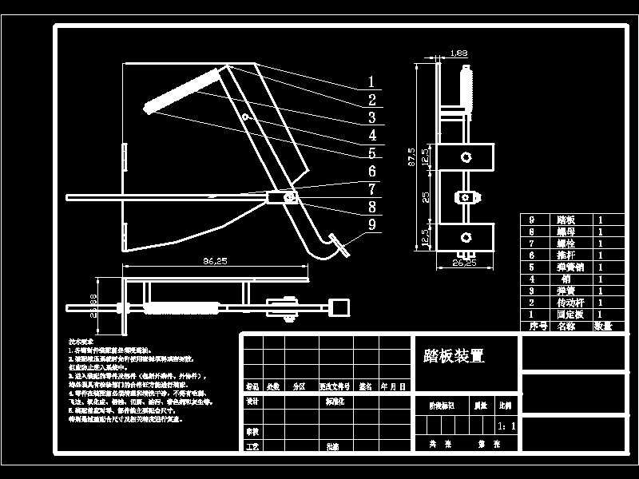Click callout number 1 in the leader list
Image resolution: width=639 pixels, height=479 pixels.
click(371, 81)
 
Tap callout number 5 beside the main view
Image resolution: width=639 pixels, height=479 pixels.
click(371, 153)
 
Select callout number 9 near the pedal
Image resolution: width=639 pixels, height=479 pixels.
click(372, 225)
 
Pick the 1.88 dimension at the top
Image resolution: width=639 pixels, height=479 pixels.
click(458, 53)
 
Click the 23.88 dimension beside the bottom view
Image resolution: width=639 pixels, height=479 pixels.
click(93, 304)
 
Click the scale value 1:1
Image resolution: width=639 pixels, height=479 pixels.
click(506, 426)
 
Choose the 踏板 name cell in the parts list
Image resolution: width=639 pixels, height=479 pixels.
click(566, 220)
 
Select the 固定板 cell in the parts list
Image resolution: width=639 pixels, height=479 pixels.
click(566, 315)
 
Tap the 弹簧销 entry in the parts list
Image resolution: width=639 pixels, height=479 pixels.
click(566, 267)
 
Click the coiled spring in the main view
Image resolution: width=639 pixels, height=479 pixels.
click(182, 91)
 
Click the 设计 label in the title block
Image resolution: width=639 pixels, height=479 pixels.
click(252, 402)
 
